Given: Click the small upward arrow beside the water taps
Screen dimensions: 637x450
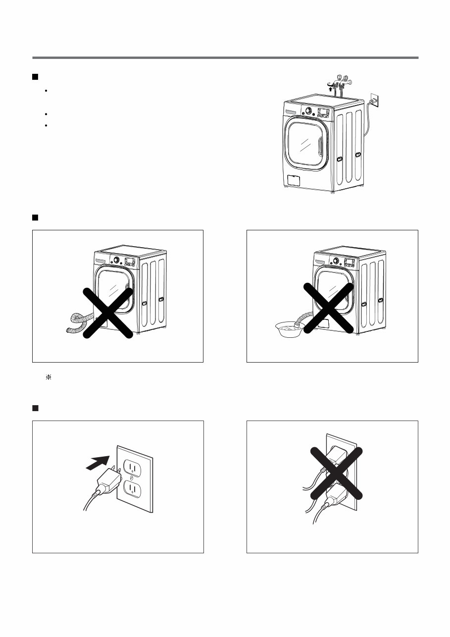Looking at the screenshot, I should pos(331,89).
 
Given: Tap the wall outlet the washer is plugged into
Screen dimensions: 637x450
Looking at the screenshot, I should pos(375,101).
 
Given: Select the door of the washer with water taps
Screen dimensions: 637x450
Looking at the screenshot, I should pos(305,145).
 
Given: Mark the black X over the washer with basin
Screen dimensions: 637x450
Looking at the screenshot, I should pos(329,308).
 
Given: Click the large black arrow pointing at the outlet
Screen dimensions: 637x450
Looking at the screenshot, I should pos(98,460).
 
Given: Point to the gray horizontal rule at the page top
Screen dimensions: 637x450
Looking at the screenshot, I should pos(225,57).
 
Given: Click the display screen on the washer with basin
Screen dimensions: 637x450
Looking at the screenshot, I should pos(349,263).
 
